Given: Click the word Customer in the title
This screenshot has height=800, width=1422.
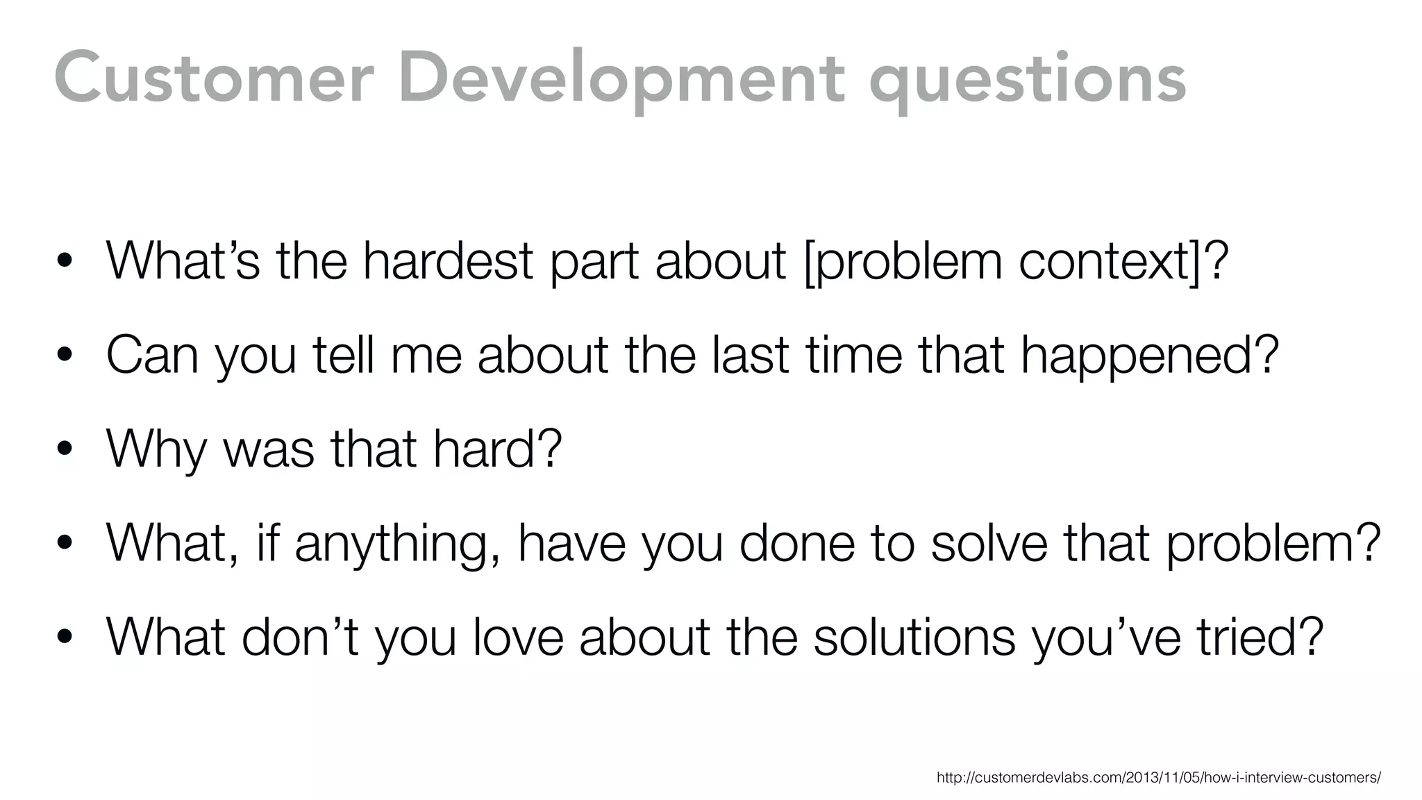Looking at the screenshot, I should [x=214, y=79].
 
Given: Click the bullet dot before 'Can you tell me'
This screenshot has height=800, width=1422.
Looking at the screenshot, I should [x=65, y=356].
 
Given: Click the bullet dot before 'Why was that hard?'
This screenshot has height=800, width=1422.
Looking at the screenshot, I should [x=65, y=449].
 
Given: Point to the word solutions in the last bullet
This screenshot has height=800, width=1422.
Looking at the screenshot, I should [x=914, y=637].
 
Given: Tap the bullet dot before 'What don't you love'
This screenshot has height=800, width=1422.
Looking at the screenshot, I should [x=65, y=637].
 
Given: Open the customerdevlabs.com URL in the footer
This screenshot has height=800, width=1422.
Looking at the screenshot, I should [x=1158, y=777].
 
